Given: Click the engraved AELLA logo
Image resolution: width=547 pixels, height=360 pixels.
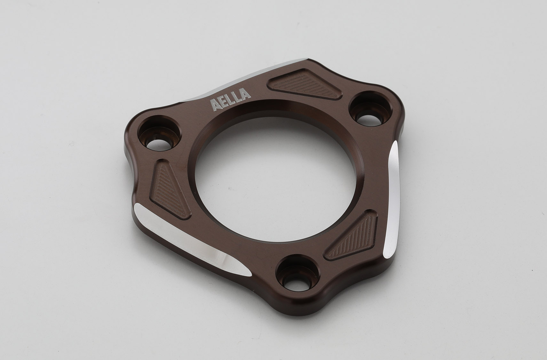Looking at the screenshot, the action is tap(230, 100).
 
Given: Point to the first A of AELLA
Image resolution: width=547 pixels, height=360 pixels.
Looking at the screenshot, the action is tap(214, 105).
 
